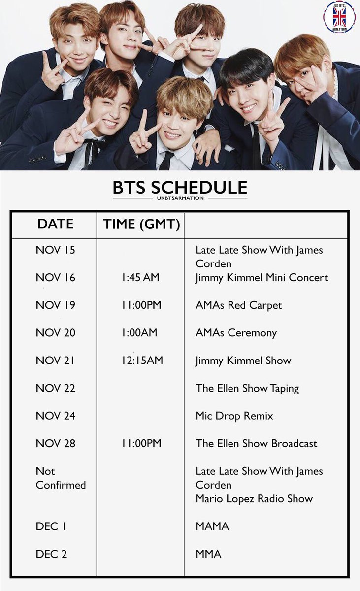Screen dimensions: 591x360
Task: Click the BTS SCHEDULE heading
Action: (x=180, y=188)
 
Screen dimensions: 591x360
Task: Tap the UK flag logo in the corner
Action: (x=339, y=17)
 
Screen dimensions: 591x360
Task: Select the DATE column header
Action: (x=55, y=224)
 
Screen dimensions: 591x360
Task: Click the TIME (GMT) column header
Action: (x=141, y=224)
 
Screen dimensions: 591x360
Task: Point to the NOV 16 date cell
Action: (x=56, y=278)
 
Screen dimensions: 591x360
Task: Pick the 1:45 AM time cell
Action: (x=140, y=278)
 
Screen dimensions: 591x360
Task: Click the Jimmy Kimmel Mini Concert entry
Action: (x=262, y=278)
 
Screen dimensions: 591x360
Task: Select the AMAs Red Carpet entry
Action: (x=238, y=305)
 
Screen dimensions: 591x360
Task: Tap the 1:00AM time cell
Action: (x=139, y=333)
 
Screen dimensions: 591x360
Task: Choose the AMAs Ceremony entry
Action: (x=236, y=333)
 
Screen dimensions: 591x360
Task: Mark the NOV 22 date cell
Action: (x=56, y=388)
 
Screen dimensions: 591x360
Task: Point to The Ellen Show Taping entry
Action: (x=247, y=388)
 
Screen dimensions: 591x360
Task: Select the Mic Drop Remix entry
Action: (x=234, y=416)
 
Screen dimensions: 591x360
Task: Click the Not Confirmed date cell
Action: (x=61, y=478)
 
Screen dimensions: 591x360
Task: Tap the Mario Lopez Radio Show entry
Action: (x=254, y=498)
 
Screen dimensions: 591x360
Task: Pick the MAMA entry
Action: (x=212, y=526)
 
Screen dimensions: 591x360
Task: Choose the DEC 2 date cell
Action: (x=51, y=554)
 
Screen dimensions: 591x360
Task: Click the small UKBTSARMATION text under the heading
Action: (x=180, y=198)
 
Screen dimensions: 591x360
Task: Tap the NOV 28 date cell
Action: (x=56, y=443)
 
